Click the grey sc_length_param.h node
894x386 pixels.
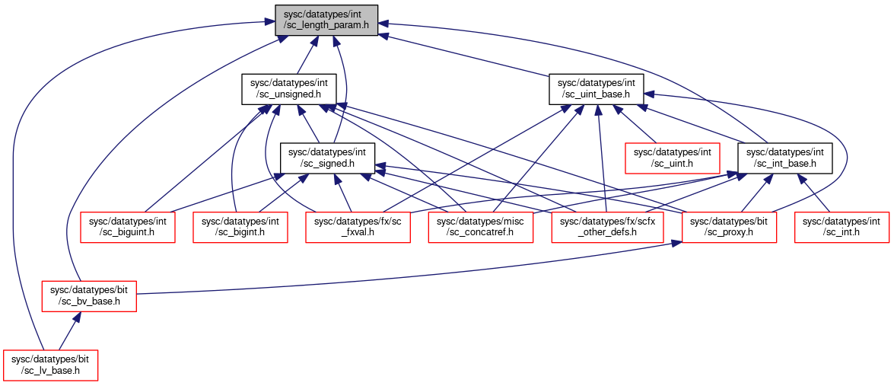point(326,21)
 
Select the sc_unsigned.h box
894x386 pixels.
point(288,89)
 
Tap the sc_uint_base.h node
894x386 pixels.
point(597,89)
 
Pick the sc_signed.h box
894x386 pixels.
point(327,158)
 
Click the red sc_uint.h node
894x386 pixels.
point(673,158)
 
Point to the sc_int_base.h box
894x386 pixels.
point(784,158)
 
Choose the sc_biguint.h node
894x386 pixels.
point(127,227)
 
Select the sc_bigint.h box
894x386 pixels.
point(240,227)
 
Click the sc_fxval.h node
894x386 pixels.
point(358,227)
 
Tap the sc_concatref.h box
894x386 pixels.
point(481,227)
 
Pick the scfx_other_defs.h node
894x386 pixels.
point(608,227)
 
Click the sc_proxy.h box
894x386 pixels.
point(729,227)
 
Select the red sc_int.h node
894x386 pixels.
point(842,227)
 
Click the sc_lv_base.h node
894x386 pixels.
point(50,365)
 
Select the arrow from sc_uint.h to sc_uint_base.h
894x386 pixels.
point(635,124)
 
